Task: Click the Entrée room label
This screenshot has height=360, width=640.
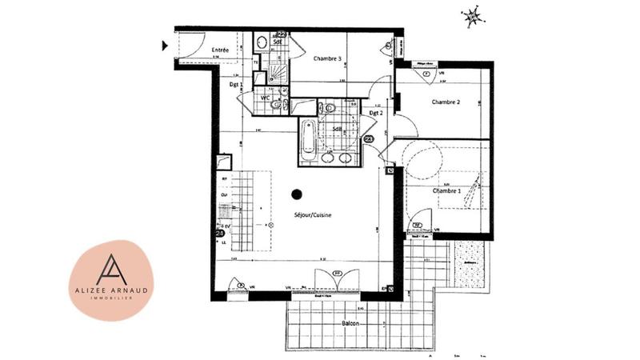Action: pyautogui.click(x=220, y=50)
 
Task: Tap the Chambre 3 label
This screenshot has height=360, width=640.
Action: pyautogui.click(x=328, y=58)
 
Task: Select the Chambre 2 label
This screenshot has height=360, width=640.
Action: pyautogui.click(x=446, y=102)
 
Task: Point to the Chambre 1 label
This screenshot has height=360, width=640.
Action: pyautogui.click(x=446, y=191)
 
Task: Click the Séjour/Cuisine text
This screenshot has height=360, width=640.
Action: pyautogui.click(x=313, y=215)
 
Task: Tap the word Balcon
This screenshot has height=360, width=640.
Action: pyautogui.click(x=348, y=323)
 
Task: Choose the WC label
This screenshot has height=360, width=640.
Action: pyautogui.click(x=265, y=98)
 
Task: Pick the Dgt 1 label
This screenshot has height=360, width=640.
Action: pyautogui.click(x=236, y=83)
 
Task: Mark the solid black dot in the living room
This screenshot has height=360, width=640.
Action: pyautogui.click(x=297, y=193)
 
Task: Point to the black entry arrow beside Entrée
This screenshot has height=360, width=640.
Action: pyautogui.click(x=165, y=46)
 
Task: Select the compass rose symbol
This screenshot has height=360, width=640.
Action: pyautogui.click(x=474, y=15)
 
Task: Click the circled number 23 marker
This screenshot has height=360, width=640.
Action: pyautogui.click(x=369, y=139)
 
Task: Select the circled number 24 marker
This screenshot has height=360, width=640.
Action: pyautogui.click(x=220, y=232)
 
